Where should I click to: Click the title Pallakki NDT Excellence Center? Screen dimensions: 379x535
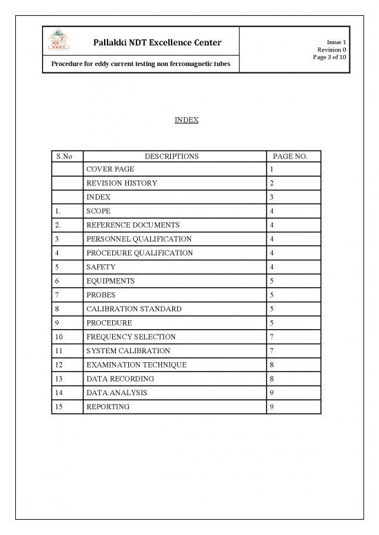click(x=157, y=43)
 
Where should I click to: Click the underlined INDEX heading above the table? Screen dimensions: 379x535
click(x=187, y=120)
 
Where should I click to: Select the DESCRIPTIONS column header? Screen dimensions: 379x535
click(x=172, y=156)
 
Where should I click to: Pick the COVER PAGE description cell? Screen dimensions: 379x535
click(x=110, y=169)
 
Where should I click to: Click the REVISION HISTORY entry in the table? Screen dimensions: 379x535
click(x=121, y=183)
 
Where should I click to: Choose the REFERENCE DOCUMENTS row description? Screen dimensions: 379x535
click(x=133, y=225)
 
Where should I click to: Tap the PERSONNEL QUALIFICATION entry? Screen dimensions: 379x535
click(x=139, y=239)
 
